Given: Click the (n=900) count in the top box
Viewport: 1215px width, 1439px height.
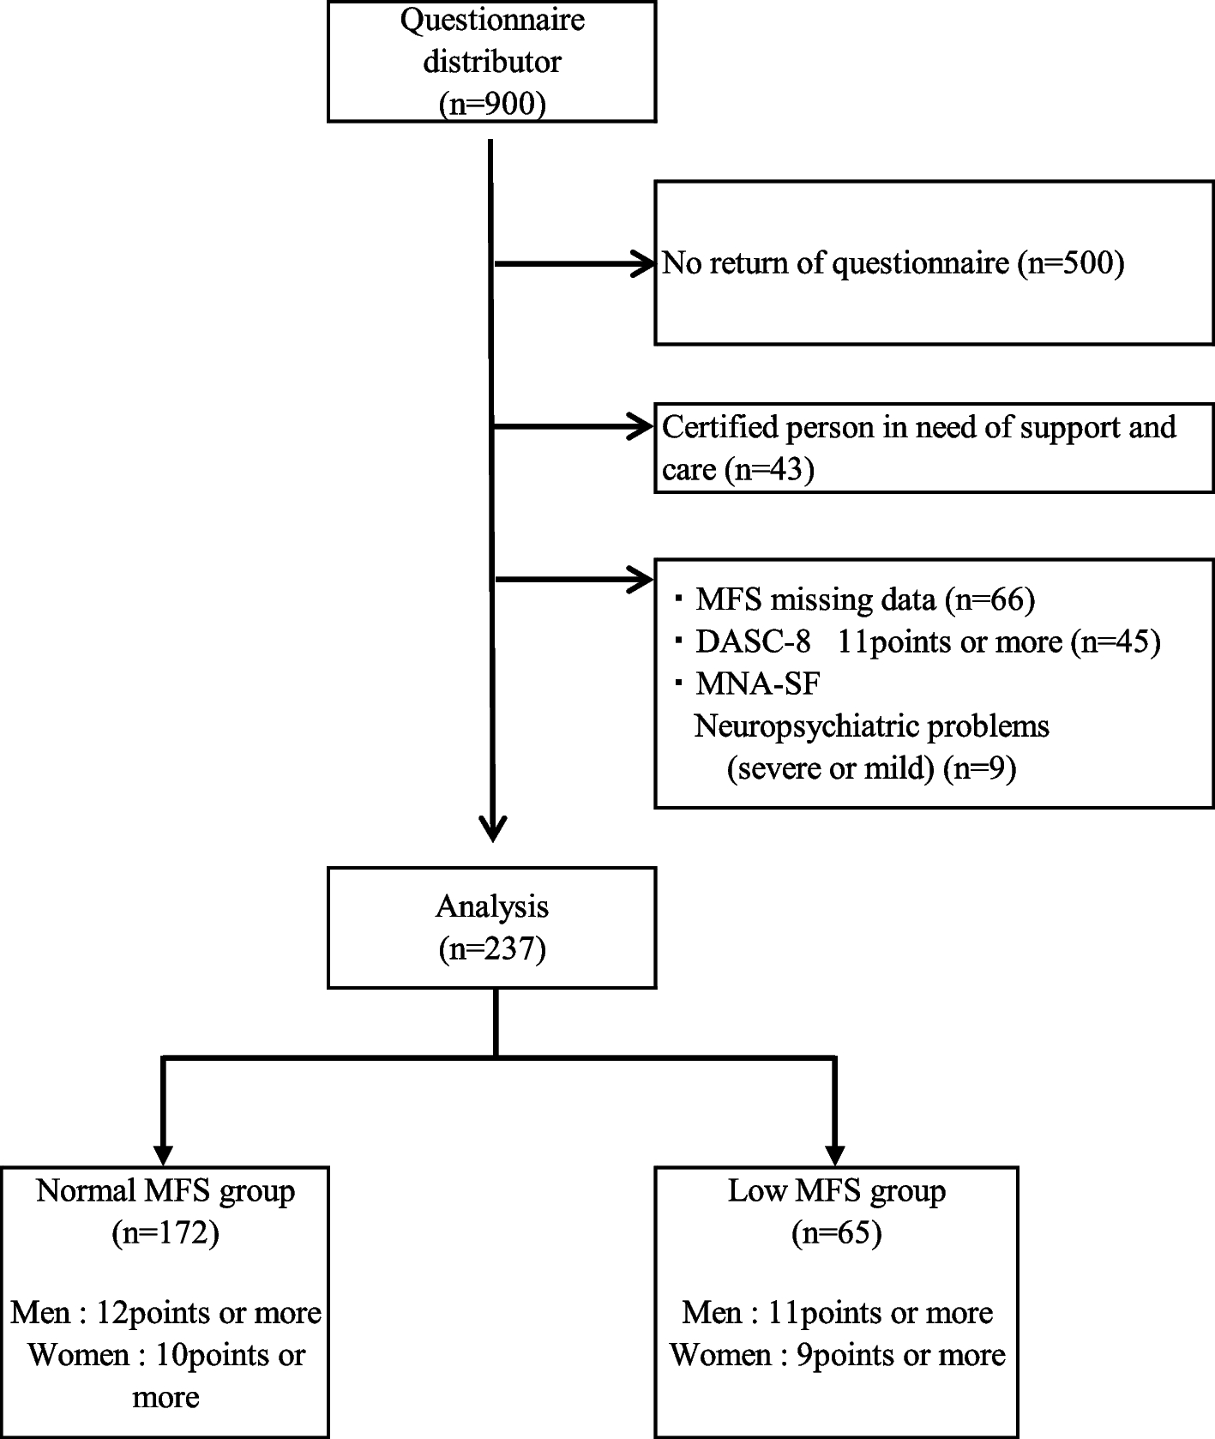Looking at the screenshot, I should (x=492, y=104).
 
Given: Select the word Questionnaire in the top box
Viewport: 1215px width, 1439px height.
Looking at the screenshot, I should (x=492, y=19).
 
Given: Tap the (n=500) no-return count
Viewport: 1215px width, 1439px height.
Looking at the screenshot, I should (x=1070, y=263).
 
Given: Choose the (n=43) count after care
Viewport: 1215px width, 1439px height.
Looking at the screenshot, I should (x=768, y=470).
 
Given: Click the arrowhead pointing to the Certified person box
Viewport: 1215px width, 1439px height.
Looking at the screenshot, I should (x=643, y=425).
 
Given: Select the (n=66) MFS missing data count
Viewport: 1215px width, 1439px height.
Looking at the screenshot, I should (x=989, y=599).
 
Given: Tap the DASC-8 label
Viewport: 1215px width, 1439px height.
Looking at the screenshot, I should (x=753, y=641).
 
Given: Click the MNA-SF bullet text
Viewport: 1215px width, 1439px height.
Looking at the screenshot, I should (x=758, y=683).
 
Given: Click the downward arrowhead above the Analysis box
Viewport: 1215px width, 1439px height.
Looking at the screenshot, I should (x=492, y=829).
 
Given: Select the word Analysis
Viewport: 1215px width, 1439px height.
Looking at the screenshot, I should (x=492, y=906).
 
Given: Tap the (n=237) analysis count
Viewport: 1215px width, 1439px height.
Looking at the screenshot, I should (x=492, y=949).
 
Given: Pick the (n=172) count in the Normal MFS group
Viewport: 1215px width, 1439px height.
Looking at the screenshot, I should (x=165, y=1233).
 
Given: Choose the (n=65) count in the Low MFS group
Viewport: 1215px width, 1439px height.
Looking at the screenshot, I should (x=836, y=1233).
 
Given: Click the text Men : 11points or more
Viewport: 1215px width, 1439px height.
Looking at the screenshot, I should (x=837, y=1312).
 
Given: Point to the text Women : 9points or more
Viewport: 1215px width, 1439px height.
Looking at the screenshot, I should (x=837, y=1355).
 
